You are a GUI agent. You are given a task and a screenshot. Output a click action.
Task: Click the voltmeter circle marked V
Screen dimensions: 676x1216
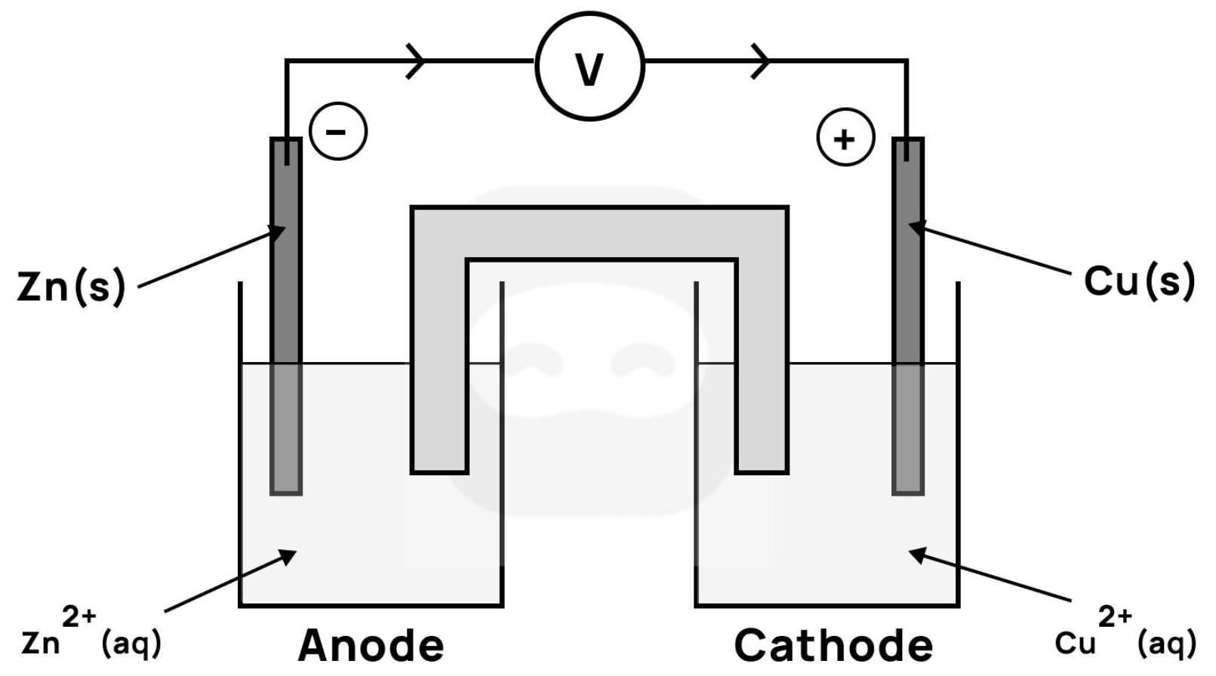coord(590,66)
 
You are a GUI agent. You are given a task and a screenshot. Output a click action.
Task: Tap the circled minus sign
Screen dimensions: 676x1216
coord(337,131)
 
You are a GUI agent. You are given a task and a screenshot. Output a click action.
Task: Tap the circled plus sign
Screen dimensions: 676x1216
coord(845,138)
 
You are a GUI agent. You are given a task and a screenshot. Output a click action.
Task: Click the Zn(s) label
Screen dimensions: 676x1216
coord(71,287)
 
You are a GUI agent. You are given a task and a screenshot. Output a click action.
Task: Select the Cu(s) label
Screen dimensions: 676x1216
coord(1139,281)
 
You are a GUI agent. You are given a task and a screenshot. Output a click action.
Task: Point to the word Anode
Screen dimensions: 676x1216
coord(371,646)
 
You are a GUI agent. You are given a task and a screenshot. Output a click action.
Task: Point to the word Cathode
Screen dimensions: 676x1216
coord(833,646)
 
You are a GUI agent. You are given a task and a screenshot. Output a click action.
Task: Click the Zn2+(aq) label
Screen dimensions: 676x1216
coord(91,634)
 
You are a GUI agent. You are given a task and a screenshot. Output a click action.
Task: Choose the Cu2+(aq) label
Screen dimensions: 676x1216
coord(1125,634)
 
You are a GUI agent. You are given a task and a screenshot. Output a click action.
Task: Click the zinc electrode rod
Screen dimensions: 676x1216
coord(286,317)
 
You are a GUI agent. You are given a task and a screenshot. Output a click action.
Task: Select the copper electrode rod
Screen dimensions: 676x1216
coord(907,317)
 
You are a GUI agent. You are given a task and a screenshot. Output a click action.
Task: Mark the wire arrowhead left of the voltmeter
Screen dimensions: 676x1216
coord(416,60)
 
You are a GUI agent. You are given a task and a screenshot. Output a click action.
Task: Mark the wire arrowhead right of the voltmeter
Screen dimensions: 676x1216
coord(761,60)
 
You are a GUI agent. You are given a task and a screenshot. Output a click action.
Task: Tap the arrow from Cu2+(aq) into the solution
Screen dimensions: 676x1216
coord(989,577)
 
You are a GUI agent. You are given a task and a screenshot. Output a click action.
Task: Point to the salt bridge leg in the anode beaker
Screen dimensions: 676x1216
coord(439,362)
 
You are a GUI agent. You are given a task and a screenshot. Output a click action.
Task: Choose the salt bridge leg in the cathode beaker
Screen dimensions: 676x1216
coord(762,362)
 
